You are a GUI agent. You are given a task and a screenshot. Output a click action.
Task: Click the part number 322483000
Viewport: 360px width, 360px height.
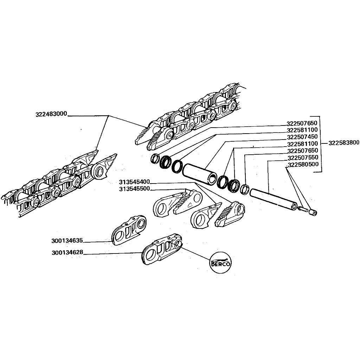point(51,114)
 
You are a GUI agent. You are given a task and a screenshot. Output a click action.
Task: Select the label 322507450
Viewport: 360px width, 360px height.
point(302,137)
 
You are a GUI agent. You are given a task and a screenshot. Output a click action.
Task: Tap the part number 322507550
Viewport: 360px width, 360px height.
point(303,158)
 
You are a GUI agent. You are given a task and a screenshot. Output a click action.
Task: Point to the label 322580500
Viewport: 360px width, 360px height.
point(303,165)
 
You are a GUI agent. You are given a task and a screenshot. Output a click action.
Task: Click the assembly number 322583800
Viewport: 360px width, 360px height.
point(344,143)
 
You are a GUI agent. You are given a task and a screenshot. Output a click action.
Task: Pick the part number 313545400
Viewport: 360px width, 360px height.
point(134,182)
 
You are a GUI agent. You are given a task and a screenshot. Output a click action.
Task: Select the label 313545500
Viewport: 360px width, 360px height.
point(134,189)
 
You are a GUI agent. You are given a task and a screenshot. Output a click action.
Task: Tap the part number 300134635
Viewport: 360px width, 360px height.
point(67,241)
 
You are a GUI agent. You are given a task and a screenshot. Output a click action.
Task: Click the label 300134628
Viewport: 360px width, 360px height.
point(67,252)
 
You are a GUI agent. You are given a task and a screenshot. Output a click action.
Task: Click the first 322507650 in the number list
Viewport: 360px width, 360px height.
point(302,123)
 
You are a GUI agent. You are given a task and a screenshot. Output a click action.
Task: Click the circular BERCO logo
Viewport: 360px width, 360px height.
point(221,263)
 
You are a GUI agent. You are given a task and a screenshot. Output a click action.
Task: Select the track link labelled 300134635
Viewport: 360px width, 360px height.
point(129,230)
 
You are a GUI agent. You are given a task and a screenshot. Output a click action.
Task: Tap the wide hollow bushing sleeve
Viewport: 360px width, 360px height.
point(200,174)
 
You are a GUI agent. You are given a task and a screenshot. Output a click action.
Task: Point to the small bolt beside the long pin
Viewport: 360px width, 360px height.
point(303,209)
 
